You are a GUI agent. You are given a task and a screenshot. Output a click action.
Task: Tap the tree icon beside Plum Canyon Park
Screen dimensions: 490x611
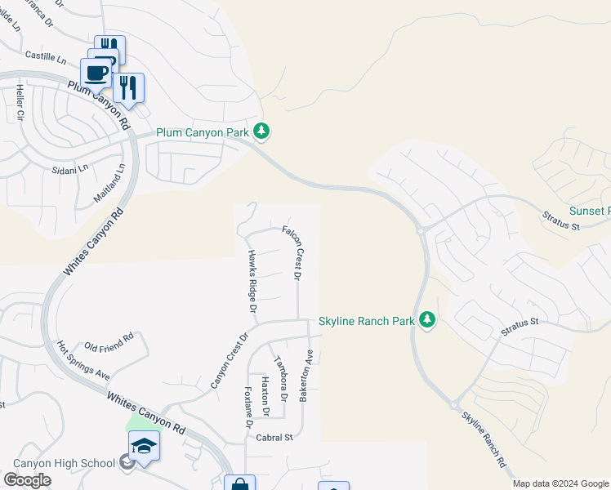261,131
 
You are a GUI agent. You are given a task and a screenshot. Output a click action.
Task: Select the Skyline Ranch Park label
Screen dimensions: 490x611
367,321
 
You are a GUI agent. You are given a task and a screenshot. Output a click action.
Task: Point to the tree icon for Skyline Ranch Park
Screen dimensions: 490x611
426,320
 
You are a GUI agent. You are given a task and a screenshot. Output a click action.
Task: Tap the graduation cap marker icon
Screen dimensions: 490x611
144,446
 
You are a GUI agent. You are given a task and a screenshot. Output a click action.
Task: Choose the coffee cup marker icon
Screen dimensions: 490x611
96,72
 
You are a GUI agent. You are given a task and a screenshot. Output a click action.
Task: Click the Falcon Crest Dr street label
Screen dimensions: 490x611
293,253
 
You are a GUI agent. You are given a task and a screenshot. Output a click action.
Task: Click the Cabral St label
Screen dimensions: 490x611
274,438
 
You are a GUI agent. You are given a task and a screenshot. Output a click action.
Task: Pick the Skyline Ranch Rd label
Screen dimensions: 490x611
484,439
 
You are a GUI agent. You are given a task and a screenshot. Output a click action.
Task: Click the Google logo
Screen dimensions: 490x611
27,479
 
